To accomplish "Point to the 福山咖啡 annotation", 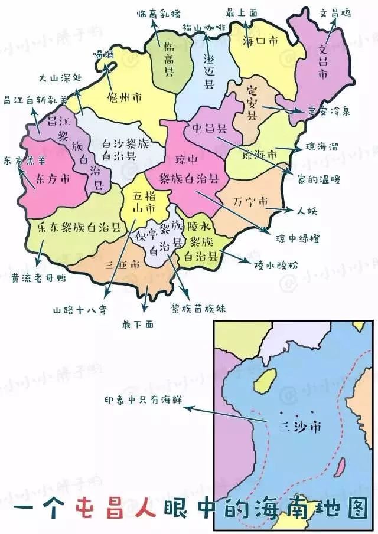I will coord(203,27).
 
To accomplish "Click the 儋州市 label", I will coord(123,96).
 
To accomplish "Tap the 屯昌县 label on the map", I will coord(208,127).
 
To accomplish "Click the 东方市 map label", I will coord(53,178).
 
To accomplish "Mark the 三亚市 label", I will coord(122,264).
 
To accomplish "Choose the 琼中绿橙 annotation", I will coord(298,238).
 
